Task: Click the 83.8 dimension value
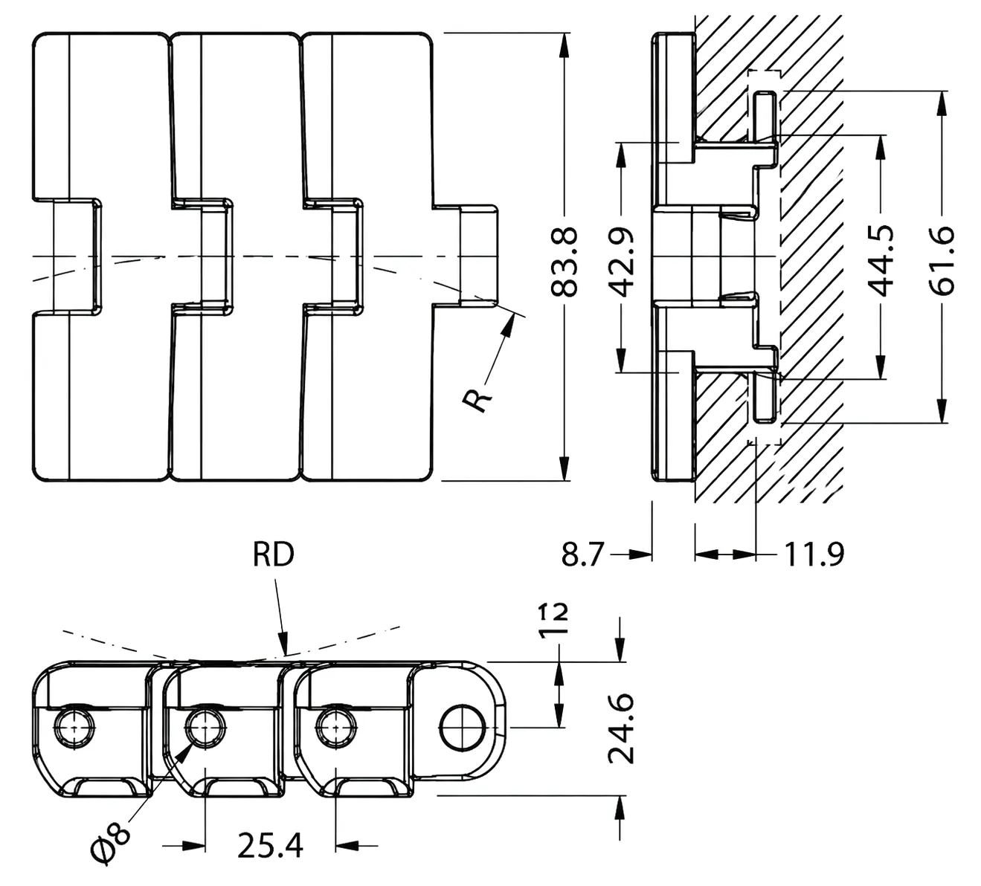click(x=564, y=261)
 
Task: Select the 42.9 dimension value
click(x=623, y=262)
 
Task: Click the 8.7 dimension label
click(x=582, y=554)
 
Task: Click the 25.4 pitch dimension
click(x=270, y=845)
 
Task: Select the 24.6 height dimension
click(x=622, y=728)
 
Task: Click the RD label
click(x=274, y=554)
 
